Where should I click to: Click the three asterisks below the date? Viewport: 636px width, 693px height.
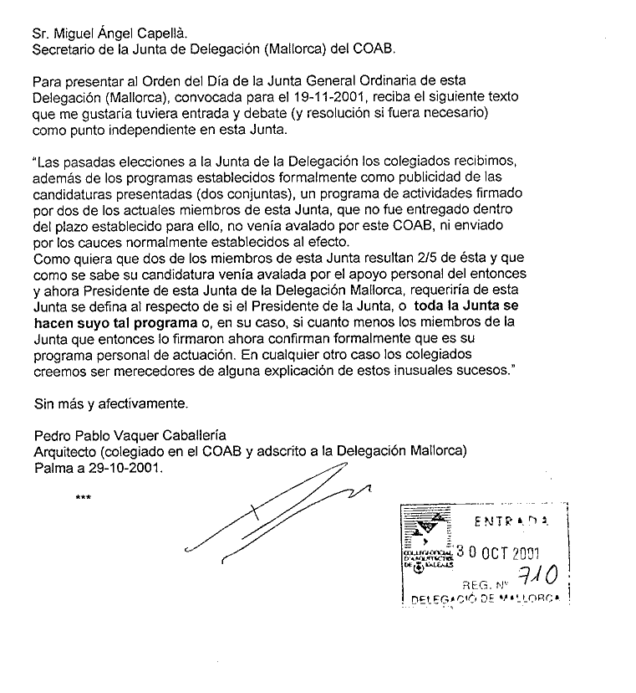pos(83,500)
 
